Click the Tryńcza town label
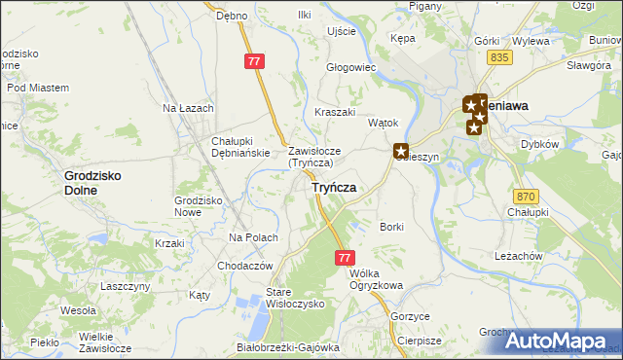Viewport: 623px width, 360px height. tap(333, 188)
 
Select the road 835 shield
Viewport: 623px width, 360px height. tap(500, 58)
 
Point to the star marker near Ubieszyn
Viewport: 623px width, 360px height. tap(400, 151)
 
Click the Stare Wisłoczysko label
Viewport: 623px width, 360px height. tap(295, 297)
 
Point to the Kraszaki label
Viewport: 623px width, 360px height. tap(334, 112)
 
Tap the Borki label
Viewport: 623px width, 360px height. tap(391, 227)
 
